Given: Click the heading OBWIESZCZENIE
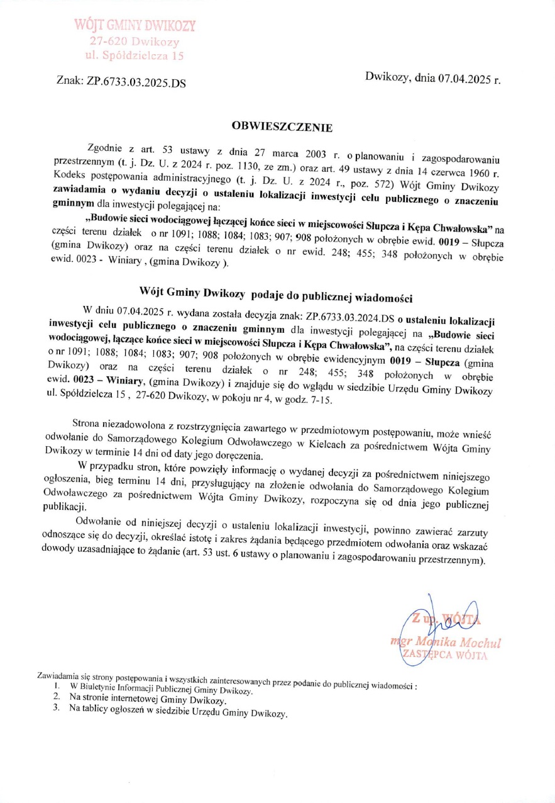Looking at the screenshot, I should click(x=282, y=126).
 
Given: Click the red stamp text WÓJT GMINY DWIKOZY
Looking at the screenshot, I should click(x=135, y=26).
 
